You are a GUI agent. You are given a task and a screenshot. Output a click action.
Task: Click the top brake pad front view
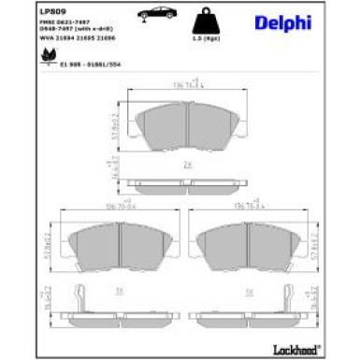tap(180, 122)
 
